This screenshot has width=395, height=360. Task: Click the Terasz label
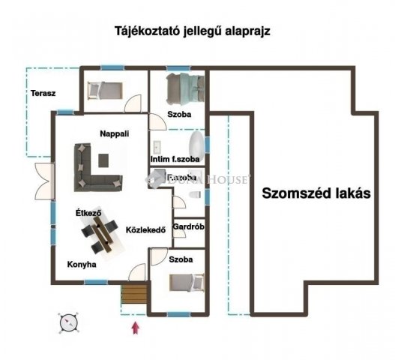click(x=44, y=94)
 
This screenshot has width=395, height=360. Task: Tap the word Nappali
click(x=115, y=133)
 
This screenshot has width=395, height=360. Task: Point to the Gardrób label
click(x=189, y=226)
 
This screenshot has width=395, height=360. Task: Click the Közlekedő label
click(x=145, y=229)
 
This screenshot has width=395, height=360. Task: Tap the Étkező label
click(x=88, y=213)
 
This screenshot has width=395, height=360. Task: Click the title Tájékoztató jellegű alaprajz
click(x=192, y=31)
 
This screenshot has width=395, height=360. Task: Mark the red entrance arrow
click(x=135, y=326)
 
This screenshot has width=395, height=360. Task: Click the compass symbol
click(x=67, y=322)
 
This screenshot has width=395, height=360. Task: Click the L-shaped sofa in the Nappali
click(x=90, y=169)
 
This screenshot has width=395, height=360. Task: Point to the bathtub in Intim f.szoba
click(x=195, y=145)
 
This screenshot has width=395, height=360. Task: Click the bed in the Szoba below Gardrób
click(x=186, y=283)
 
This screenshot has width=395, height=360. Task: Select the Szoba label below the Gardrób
click(x=181, y=259)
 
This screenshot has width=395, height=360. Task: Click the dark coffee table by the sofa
click(x=102, y=159)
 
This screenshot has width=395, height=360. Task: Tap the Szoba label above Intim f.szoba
click(x=179, y=115)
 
